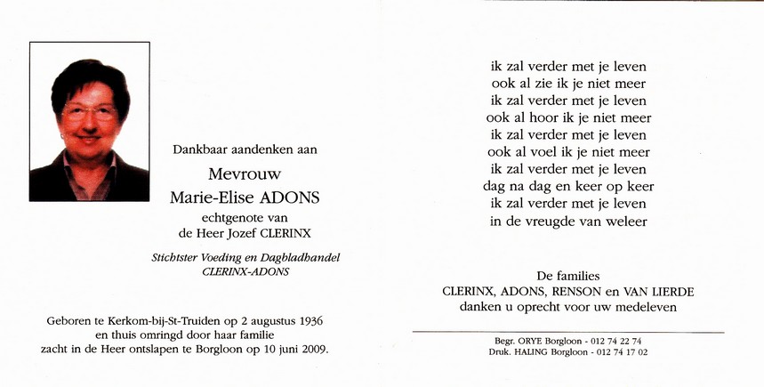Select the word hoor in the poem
[x=553, y=117]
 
